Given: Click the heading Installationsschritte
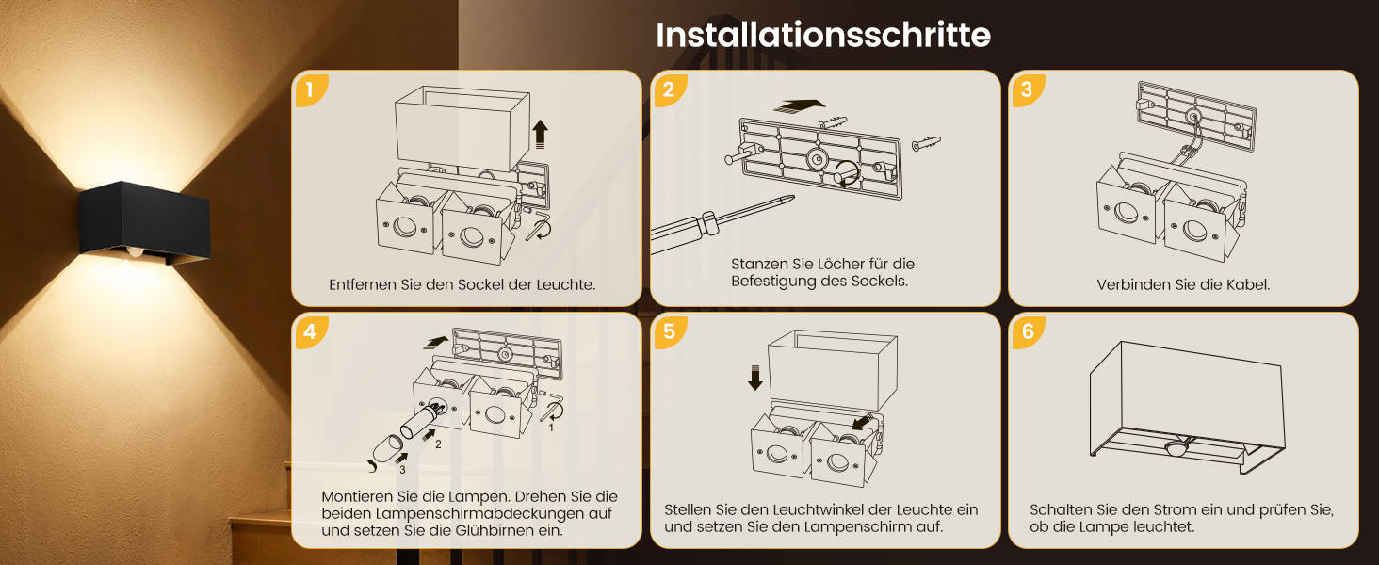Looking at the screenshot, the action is point(823,35).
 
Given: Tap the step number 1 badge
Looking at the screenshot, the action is point(311,89).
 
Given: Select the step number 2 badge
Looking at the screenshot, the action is point(669,89).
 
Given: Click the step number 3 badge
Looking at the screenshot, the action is point(1027,89).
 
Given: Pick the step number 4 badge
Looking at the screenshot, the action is point(311,332).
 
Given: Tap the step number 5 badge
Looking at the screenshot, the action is point(669,332).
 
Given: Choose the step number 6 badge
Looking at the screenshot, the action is point(1027,332).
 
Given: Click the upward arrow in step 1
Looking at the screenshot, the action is point(540,134).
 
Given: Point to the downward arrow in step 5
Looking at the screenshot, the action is point(755,378).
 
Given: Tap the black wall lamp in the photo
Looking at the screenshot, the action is point(145,223).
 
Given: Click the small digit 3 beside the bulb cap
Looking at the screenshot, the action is point(402,470).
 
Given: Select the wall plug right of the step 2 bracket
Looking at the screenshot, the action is point(927,144).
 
